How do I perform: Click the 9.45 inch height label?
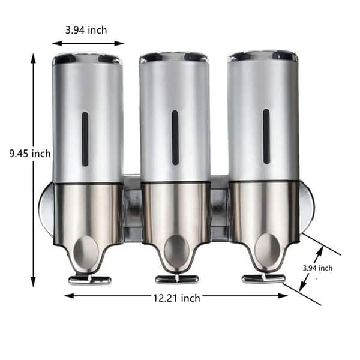point(29,154)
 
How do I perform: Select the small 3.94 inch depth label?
point(317,268)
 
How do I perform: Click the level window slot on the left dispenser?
point(85,139)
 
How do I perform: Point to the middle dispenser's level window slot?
point(175,137)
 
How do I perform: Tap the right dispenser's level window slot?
point(266,136)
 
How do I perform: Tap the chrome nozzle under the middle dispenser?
point(176,279)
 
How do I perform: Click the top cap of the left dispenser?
point(87,58)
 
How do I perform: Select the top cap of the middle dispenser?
point(174,57)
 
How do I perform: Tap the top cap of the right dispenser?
point(263,55)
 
